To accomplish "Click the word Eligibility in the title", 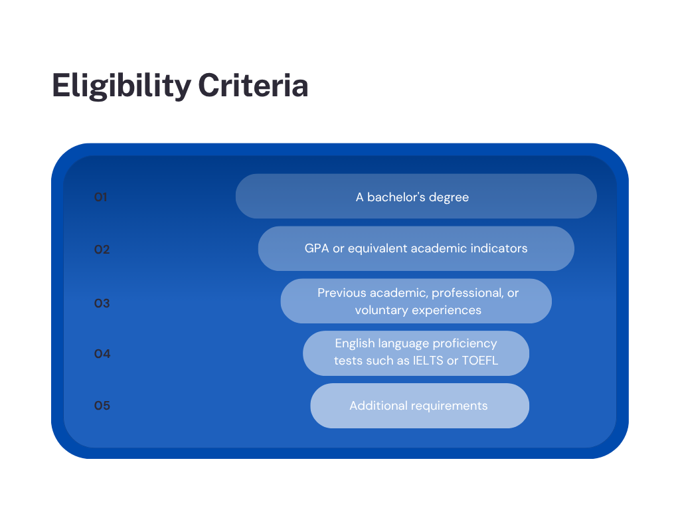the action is pos(122,86).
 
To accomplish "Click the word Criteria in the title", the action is pos(253,85).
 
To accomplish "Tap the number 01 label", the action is pos(101,197).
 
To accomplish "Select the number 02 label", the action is pos(102,250).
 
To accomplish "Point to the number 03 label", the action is pos(102,303).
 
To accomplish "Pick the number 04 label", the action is pos(102,354).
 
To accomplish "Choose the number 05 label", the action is pos(102,406).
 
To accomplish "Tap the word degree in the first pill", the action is pos(450,198).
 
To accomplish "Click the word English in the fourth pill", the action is pos(355,344).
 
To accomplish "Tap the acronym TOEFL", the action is pos(480,361).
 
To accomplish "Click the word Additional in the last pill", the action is pos(379,406).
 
